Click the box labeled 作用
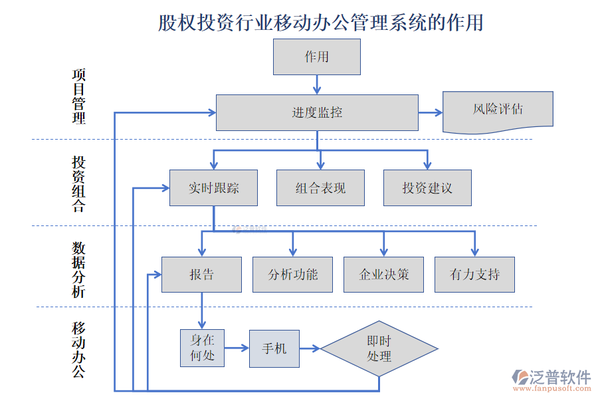[317, 57]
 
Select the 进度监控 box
[317, 112]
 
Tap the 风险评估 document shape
[498, 108]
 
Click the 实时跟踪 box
[213, 188]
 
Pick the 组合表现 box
[320, 188]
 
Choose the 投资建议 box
[427, 188]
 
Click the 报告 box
[201, 274]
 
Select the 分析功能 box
[292, 274]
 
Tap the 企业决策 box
[383, 274]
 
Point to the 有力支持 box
[474, 274]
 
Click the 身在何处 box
[202, 348]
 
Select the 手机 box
[274, 348]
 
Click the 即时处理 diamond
[379, 348]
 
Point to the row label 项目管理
[78, 96]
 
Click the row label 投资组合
[78, 184]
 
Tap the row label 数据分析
[78, 269]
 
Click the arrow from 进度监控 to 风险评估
[431, 112]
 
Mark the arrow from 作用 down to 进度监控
[317, 84]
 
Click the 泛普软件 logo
[551, 379]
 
